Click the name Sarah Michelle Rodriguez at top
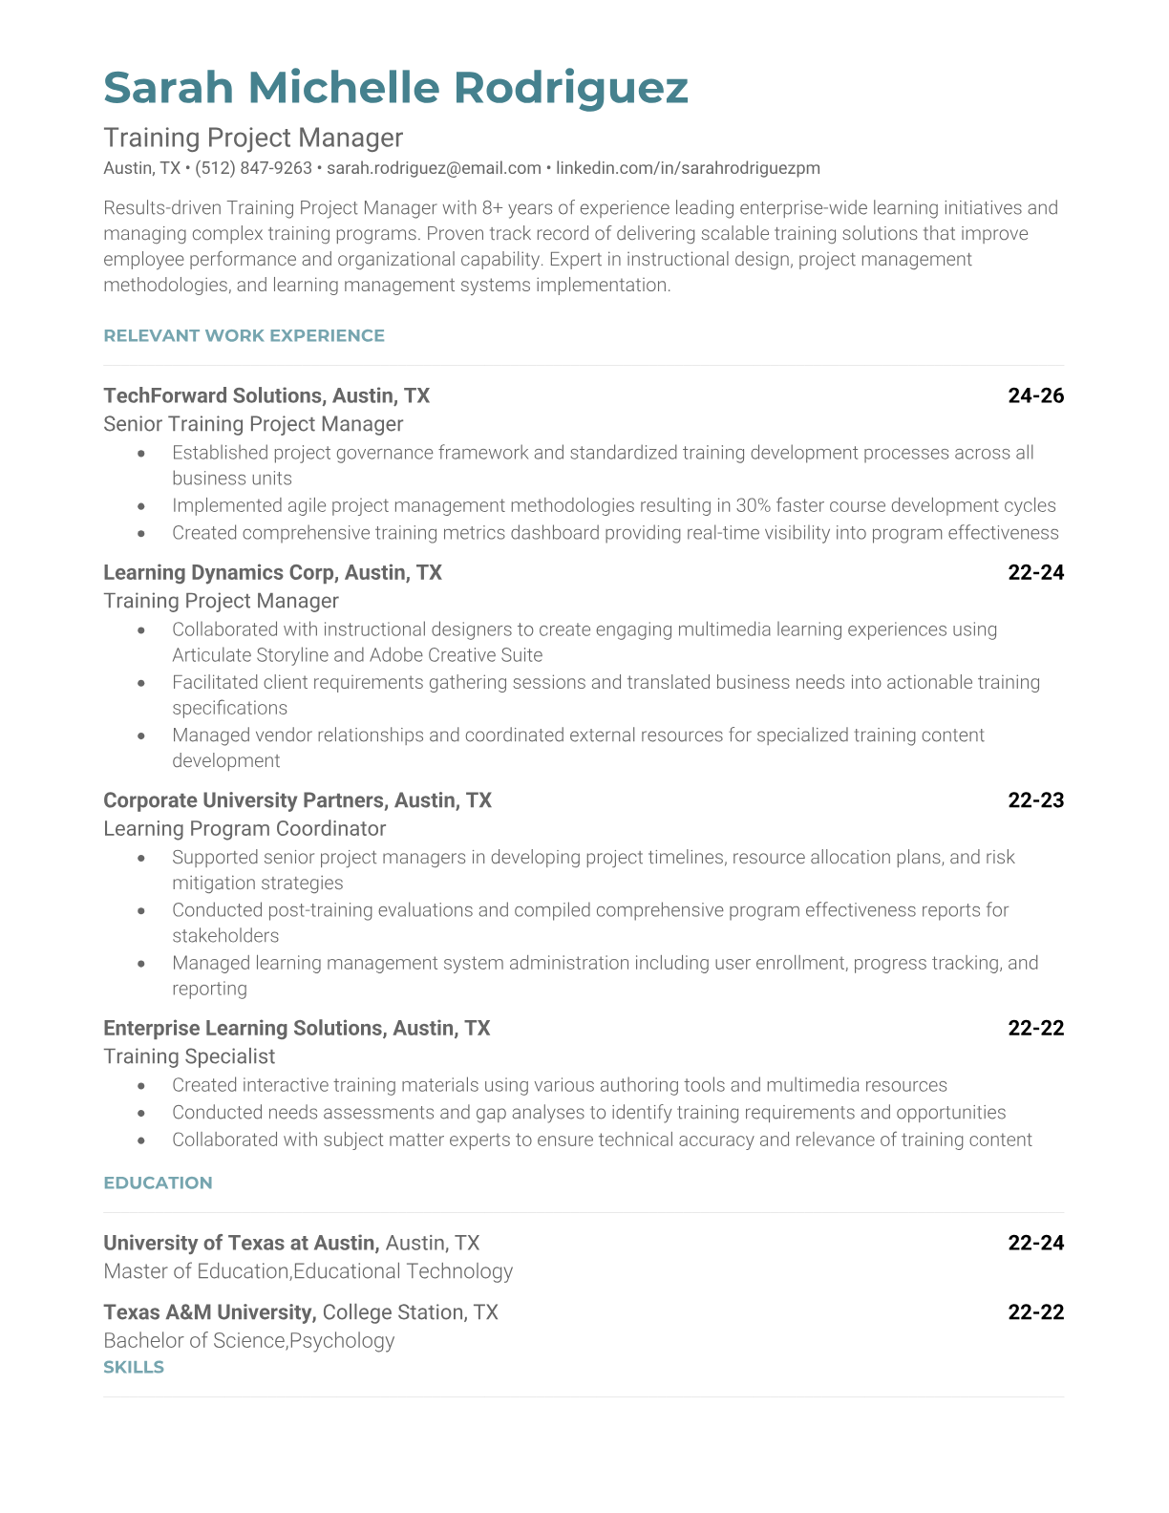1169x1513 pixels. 395,87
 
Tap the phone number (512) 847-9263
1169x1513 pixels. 253,168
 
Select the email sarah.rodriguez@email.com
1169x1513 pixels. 434,168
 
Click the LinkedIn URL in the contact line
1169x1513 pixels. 688,168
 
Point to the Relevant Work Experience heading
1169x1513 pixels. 244,335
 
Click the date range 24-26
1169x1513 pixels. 1035,395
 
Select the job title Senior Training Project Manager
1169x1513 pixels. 253,424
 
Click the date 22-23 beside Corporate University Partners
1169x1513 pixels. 1035,800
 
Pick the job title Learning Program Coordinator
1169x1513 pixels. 244,829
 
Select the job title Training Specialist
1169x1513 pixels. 189,1056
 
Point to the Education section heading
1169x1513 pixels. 158,1183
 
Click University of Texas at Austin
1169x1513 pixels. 241,1243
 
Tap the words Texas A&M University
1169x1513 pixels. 209,1312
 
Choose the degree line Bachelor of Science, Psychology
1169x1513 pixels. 248,1340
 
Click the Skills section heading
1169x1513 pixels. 134,1367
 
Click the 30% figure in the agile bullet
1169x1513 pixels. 753,505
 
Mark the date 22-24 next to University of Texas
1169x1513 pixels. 1035,1243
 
